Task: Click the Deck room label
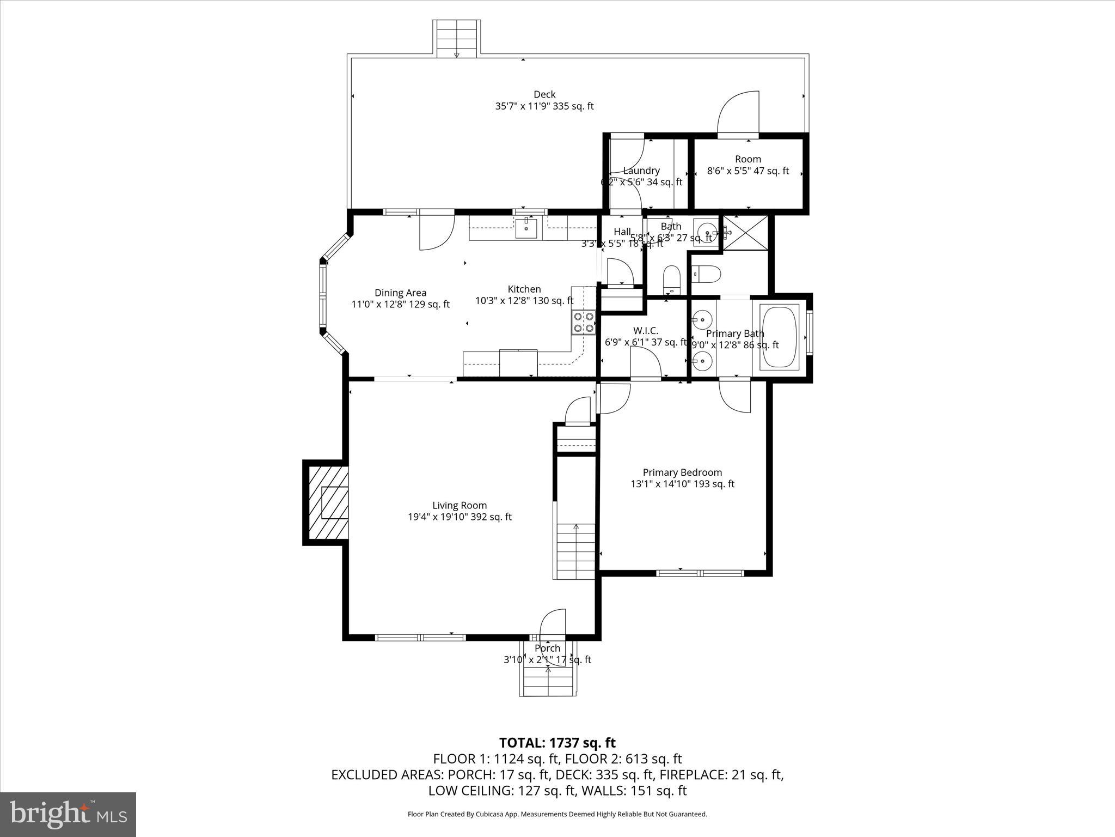544,95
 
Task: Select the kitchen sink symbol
526,228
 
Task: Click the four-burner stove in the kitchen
583,322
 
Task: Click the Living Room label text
460,506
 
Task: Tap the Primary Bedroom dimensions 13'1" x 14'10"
682,484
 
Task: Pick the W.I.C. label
646,331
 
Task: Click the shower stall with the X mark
745,233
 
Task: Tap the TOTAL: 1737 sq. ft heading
557,743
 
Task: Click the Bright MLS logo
68,814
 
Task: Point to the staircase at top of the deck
457,38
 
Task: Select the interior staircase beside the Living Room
576,550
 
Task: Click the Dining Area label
400,293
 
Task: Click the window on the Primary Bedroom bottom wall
700,573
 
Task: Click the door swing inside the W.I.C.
645,362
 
